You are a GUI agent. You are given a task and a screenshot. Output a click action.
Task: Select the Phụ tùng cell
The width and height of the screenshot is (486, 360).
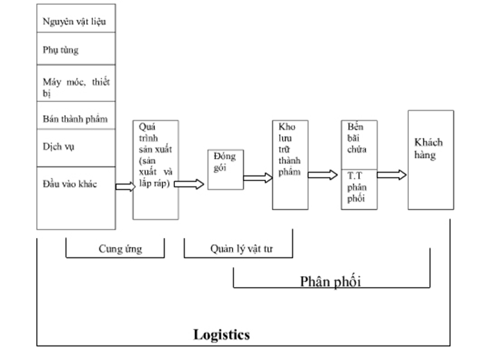(76, 50)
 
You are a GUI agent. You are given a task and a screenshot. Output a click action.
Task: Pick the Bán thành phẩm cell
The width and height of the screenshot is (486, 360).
(76, 119)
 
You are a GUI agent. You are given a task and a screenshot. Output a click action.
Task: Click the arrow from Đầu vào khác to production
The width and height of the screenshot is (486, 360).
(124, 187)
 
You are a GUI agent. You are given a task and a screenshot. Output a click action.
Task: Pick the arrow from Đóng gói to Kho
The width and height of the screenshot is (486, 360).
(258, 178)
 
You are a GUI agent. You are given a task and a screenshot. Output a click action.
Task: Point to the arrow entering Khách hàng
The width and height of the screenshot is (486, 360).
(392, 175)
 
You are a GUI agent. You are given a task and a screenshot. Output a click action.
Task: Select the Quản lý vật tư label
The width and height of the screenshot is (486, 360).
(239, 249)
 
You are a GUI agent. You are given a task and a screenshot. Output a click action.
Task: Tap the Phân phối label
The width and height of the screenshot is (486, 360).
(330, 281)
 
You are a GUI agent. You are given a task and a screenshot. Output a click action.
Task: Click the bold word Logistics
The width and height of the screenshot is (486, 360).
(221, 335)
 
